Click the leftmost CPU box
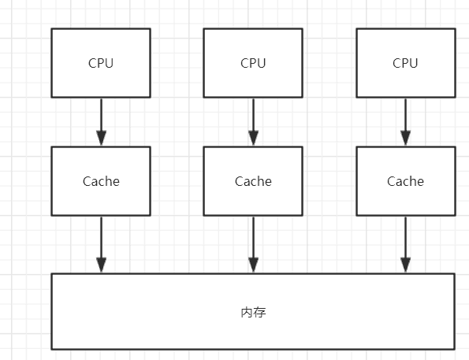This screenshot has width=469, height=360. [101, 79]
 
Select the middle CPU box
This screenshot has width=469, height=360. [253, 79]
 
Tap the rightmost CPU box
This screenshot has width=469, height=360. [405, 79]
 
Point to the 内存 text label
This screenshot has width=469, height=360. [253, 313]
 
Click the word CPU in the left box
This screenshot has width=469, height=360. [101, 63]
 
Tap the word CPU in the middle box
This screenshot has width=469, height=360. [253, 63]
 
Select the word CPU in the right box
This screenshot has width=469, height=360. [405, 63]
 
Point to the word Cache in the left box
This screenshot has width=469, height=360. [101, 181]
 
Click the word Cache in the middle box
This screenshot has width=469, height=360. [253, 181]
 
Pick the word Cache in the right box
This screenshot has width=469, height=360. [405, 181]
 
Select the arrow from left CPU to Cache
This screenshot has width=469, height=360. [101, 122]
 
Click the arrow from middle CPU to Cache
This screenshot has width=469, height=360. [253, 122]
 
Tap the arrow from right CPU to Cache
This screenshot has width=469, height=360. [405, 122]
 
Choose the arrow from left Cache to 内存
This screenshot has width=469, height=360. [101, 244]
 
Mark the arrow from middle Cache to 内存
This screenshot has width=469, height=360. [253, 244]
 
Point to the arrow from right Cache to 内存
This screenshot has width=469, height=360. [405, 244]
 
